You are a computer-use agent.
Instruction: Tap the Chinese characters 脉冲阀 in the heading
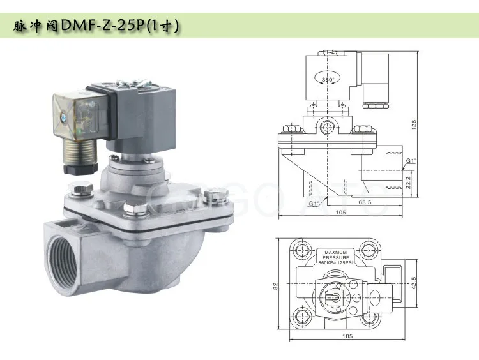tap(36, 26)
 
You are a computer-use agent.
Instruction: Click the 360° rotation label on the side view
tap(328, 80)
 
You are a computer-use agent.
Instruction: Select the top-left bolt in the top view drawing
tap(298, 248)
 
